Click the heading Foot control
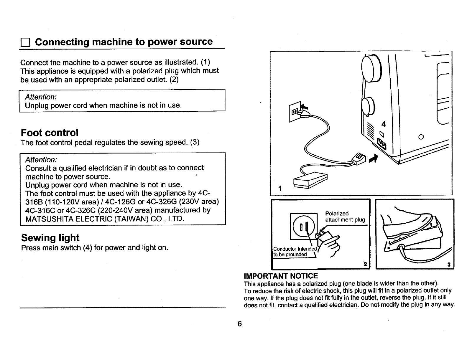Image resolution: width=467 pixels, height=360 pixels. [x=50, y=133]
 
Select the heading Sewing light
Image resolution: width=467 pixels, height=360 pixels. [x=50, y=237]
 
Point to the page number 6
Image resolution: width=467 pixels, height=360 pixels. [x=239, y=324]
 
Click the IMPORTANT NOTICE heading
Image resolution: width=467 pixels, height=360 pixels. [x=281, y=276]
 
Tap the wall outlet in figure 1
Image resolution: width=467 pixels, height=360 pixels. [x=295, y=111]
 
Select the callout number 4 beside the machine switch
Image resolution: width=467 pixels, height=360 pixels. [x=383, y=123]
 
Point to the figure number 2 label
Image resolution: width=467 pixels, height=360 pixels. [x=365, y=265]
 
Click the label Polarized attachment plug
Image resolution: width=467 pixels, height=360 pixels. [x=345, y=217]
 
